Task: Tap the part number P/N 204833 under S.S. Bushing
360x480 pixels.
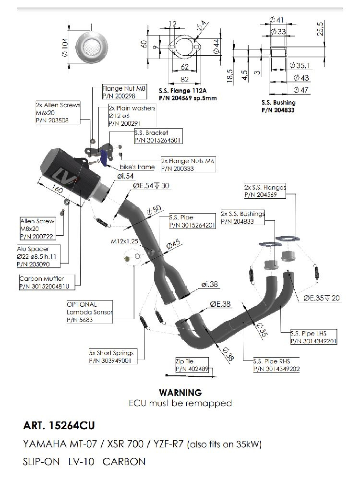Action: click(x=278, y=110)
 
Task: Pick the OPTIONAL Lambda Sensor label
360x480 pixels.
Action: click(x=90, y=312)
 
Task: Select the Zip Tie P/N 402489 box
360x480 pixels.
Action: click(x=192, y=366)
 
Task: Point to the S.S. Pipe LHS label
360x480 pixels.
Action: click(x=313, y=337)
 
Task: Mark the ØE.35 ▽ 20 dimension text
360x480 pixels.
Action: click(x=321, y=298)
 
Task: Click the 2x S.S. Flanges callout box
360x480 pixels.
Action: click(x=265, y=191)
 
